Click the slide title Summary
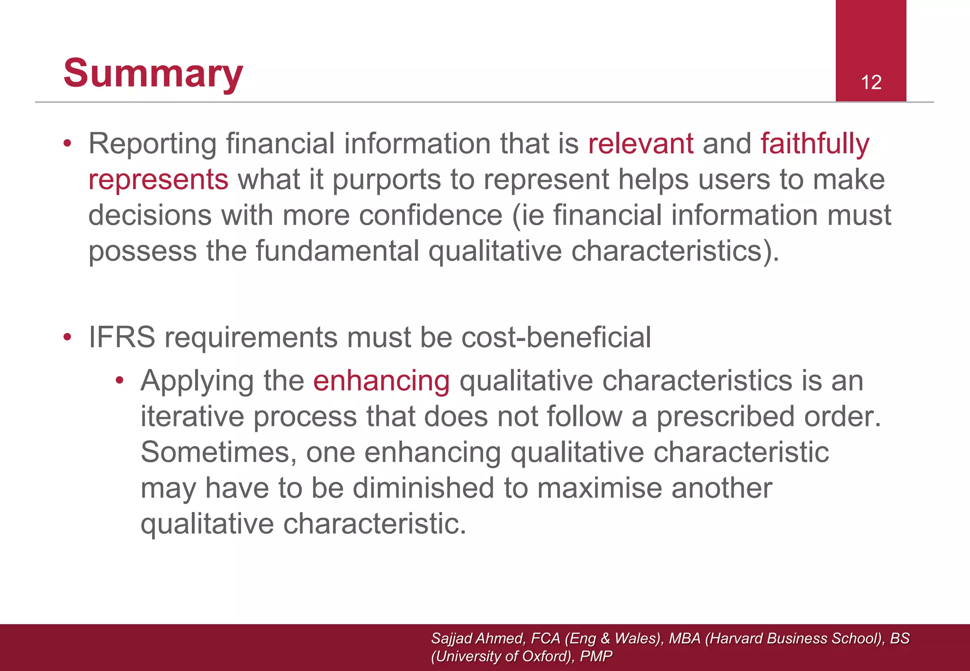tap(153, 73)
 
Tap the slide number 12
tap(871, 82)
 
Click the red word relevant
tap(641, 143)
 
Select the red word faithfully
tap(815, 143)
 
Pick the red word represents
tap(159, 180)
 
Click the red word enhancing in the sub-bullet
tap(381, 381)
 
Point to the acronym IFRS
tap(122, 337)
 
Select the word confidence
tap(431, 215)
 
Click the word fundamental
tap(337, 251)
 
